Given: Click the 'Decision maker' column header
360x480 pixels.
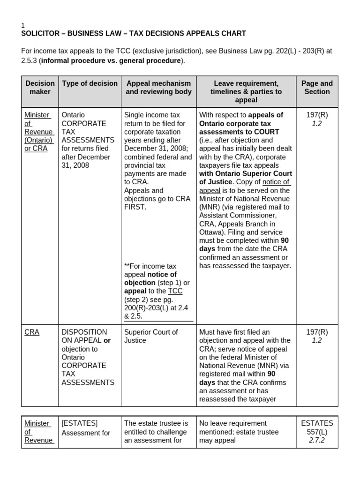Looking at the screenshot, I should coord(40,88).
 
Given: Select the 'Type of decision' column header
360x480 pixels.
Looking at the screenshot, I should coord(90,83).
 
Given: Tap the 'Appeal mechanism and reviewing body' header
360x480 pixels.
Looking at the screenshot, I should coord(158,88).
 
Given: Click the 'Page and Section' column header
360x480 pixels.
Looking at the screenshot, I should coord(317,88).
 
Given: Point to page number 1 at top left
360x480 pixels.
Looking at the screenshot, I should coord(23,25).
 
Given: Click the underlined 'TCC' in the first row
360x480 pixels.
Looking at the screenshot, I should coord(175,291).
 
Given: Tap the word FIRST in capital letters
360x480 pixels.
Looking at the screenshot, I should coord(136,207).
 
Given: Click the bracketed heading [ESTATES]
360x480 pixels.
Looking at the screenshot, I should coord(80,423).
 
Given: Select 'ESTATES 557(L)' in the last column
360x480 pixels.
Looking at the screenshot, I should coord(317,427).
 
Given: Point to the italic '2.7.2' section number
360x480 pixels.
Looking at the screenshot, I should coord(317,441).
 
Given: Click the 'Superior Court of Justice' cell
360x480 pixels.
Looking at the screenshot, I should coord(151,336).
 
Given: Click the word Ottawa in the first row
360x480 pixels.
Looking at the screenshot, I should coord(210,232).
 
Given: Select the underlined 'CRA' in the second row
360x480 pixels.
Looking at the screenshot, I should coord(32,332).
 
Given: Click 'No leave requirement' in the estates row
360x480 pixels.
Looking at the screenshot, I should coord(233,423).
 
